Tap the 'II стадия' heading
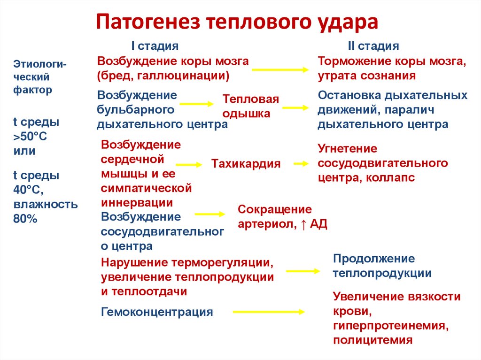[x=373, y=46]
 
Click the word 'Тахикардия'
[x=246, y=164]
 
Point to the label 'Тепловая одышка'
[x=250, y=106]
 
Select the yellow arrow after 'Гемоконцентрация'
[x=268, y=311]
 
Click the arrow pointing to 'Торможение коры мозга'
[x=280, y=69]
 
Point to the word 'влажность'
[x=45, y=205]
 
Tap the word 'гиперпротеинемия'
[x=389, y=325]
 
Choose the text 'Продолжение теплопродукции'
[x=382, y=266]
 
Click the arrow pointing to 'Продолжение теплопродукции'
[x=303, y=271]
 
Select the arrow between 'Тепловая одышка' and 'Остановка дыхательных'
[x=295, y=107]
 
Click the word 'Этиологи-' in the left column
[x=40, y=63]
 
